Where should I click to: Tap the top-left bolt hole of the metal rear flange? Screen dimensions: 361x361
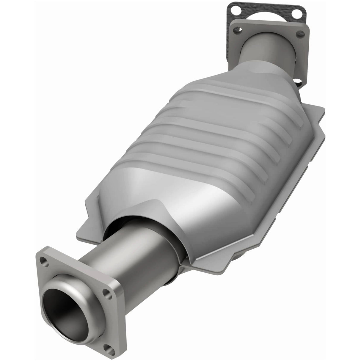pyautogui.click(x=237, y=30)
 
